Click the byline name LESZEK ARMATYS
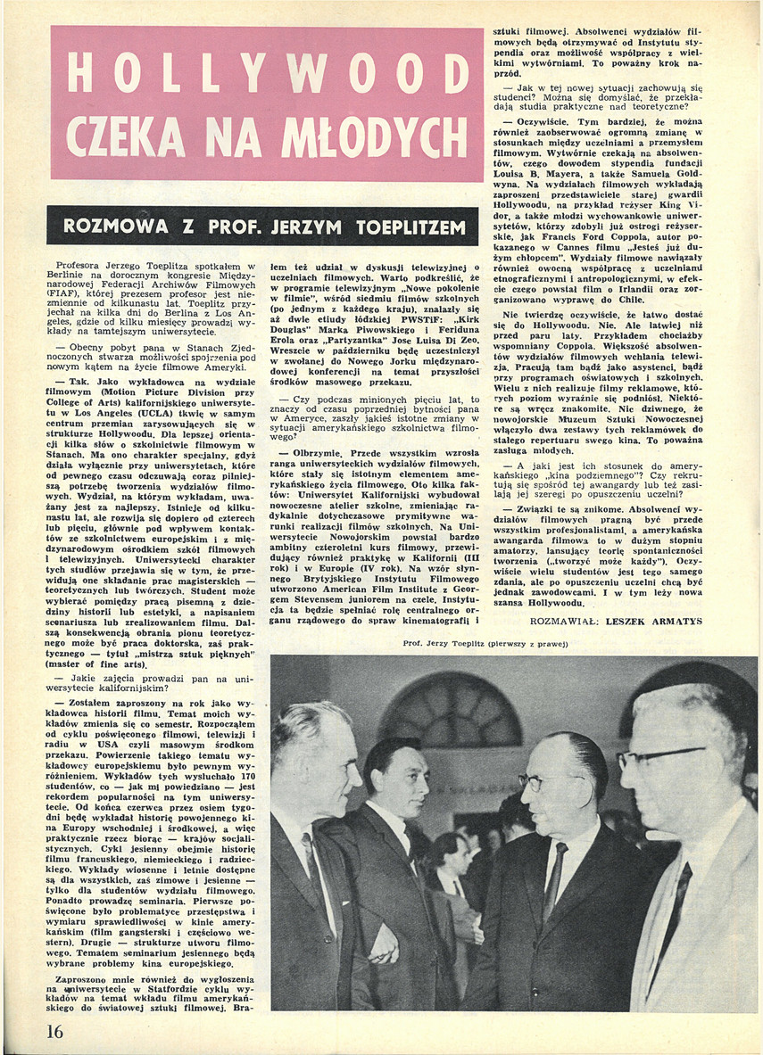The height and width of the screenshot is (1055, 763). pyautogui.click(x=654, y=621)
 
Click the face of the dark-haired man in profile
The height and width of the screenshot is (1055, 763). pyautogui.click(x=397, y=776)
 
